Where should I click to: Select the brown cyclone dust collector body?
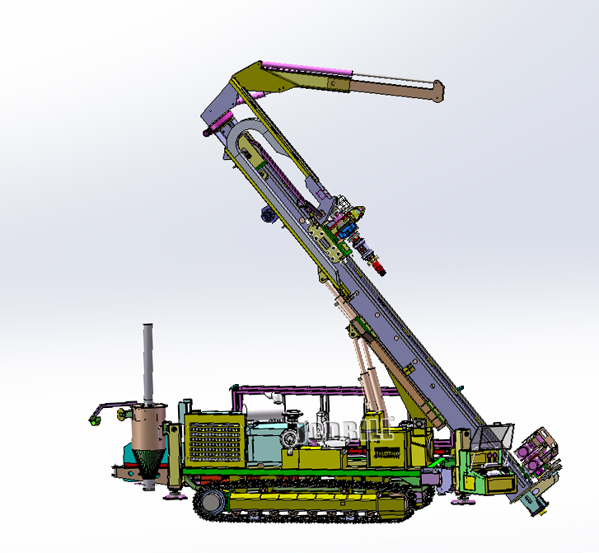[149, 425]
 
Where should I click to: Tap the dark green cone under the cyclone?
[149, 461]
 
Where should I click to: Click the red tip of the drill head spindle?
[379, 268]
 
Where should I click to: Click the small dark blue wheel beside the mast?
[267, 215]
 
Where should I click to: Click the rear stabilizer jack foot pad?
[175, 496]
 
